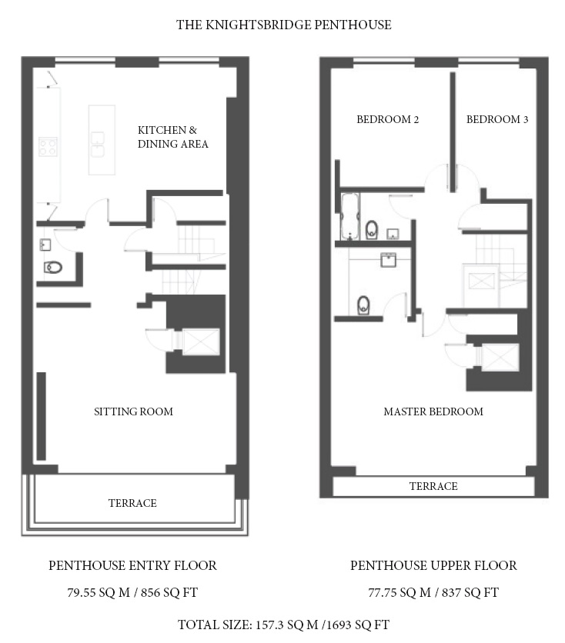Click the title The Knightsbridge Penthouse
coord(283,25)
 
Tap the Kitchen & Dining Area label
coord(172,137)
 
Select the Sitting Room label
coord(133,411)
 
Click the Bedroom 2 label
coord(387,119)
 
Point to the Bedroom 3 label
coord(497,119)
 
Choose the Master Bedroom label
coord(433,411)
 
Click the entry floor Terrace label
coord(132,503)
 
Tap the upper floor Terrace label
coord(433,486)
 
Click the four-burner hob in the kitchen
coord(48,147)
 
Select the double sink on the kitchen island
coord(98,145)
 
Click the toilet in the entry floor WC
coord(53,268)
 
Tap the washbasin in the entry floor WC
coord(45,245)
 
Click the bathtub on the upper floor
coord(349,216)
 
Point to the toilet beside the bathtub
coord(371,230)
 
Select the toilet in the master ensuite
coord(363,305)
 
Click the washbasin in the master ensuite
coord(388,260)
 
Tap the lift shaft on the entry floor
coord(201,341)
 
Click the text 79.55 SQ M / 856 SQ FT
coord(132,592)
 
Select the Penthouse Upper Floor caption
coord(433,565)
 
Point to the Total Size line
coord(283,625)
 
